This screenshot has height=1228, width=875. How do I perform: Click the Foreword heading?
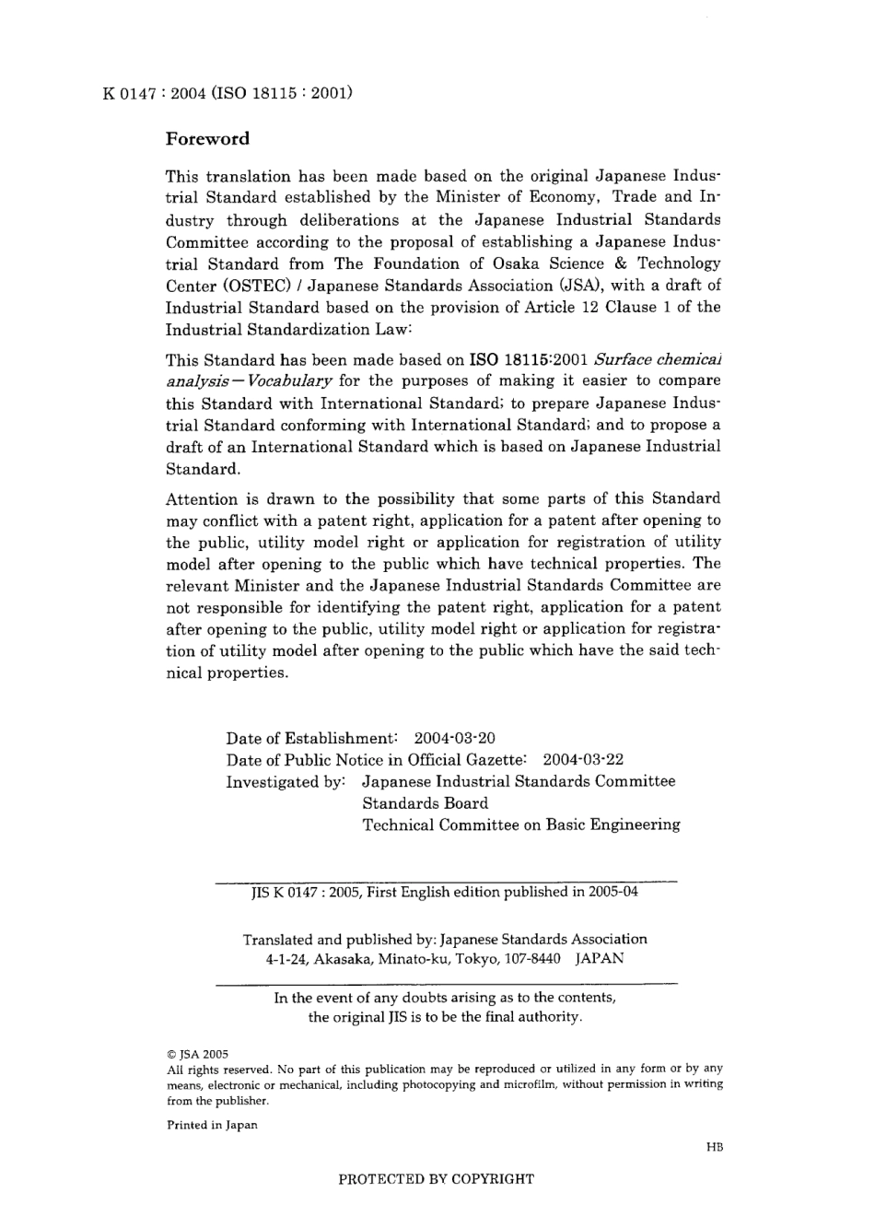click(x=207, y=139)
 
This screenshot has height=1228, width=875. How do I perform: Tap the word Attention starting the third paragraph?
click(x=202, y=499)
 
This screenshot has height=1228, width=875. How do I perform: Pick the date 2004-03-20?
click(x=455, y=738)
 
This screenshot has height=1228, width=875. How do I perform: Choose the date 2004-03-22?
click(x=583, y=760)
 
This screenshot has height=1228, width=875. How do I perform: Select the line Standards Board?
click(x=425, y=803)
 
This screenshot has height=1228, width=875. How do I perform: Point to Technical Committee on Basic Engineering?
click(x=521, y=825)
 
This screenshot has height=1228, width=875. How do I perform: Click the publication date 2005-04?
click(x=610, y=892)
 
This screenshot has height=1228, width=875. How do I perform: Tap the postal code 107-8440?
click(x=531, y=958)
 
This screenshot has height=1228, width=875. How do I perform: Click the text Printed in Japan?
click(x=212, y=1125)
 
